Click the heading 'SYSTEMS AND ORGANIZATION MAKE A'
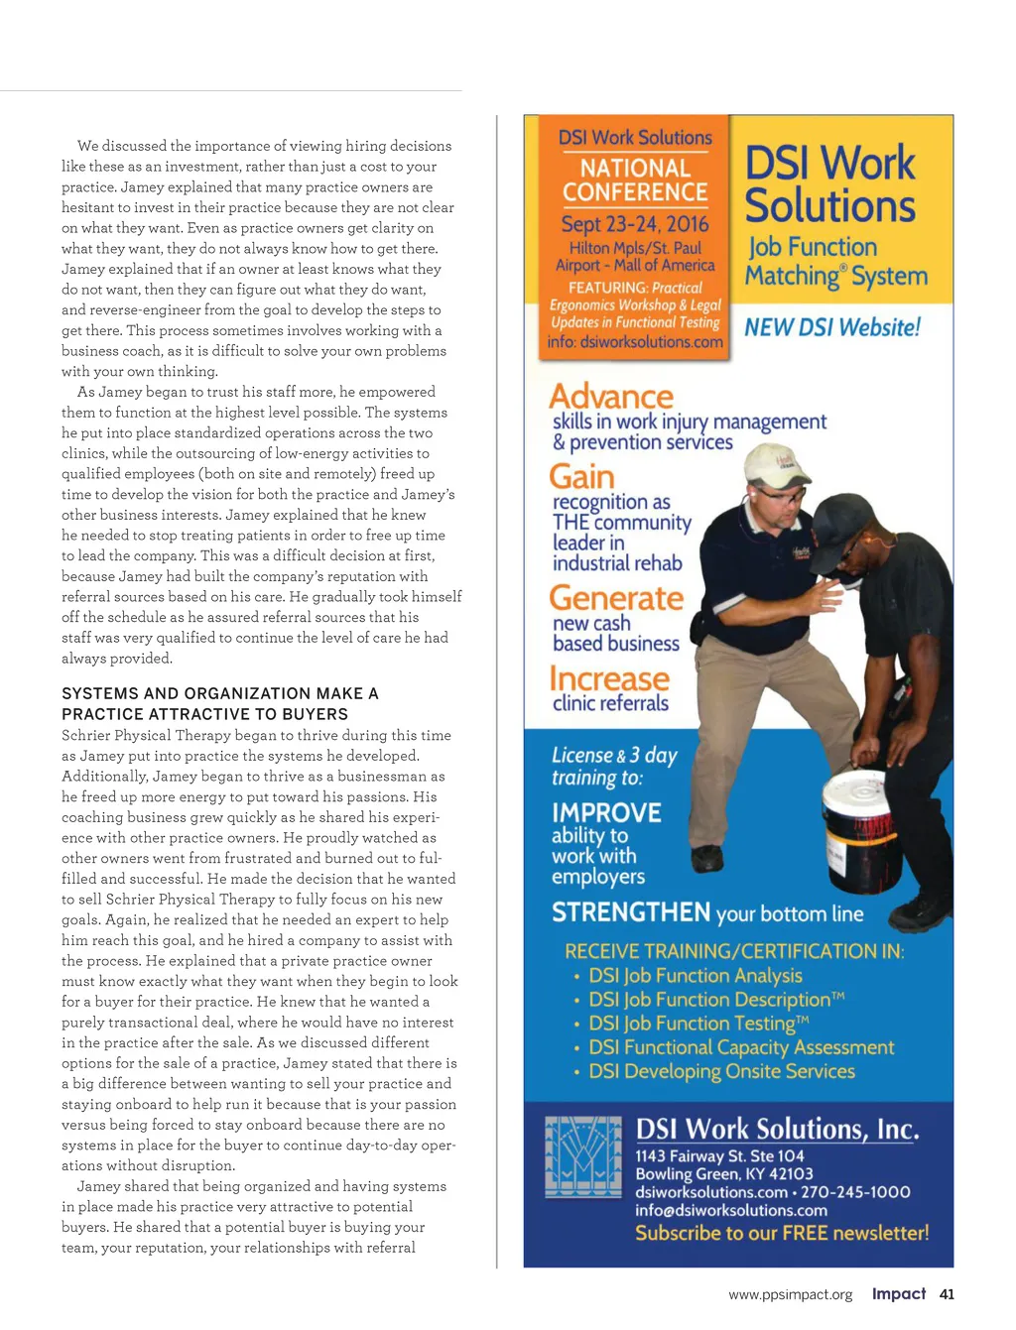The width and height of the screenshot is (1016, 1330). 220,693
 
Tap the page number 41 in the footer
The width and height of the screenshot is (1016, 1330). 947,1293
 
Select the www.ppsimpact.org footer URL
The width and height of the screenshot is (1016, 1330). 790,1294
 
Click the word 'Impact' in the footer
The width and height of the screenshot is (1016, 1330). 898,1293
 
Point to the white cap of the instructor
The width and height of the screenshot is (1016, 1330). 778,462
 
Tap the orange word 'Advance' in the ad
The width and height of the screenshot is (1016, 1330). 611,396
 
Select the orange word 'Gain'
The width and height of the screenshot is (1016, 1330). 581,476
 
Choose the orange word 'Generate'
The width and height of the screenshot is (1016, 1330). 616,598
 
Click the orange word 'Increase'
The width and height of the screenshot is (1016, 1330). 609,679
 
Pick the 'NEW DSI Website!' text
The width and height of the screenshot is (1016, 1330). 832,327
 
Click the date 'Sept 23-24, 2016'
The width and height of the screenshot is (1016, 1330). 635,224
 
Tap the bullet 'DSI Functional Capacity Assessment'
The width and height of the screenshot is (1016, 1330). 741,1047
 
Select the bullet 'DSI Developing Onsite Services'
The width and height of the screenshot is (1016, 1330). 721,1071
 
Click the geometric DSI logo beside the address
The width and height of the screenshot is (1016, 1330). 583,1156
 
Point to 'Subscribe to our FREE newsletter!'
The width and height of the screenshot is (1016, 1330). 782,1233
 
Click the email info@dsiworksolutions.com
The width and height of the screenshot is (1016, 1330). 731,1210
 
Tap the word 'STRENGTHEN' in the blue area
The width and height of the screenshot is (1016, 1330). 631,912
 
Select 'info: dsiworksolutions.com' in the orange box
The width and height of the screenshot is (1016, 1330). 635,342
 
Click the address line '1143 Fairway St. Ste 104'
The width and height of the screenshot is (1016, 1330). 719,1155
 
